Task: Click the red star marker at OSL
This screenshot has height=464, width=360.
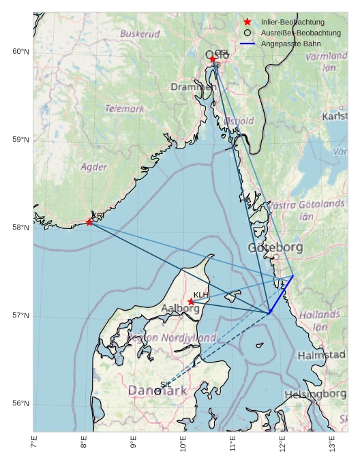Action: click(213, 59)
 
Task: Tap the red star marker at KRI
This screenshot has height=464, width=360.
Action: click(89, 222)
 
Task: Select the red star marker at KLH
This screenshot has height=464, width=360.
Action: click(191, 301)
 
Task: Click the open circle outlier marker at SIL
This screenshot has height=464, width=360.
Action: click(158, 391)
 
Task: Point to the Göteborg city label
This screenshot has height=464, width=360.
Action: click(275, 248)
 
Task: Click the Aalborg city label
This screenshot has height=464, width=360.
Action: click(181, 309)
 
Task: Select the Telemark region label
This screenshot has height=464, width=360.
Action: click(125, 108)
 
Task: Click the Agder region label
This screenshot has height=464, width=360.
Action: click(94, 167)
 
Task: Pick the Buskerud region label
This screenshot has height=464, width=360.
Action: click(140, 33)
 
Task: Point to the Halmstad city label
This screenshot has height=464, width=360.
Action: click(322, 355)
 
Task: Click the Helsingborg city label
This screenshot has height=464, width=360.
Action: click(315, 395)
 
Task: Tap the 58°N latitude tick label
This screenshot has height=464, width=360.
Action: click(21, 228)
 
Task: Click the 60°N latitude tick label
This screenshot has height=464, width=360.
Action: click(21, 52)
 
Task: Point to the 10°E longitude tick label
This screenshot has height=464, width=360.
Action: click(182, 442)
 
